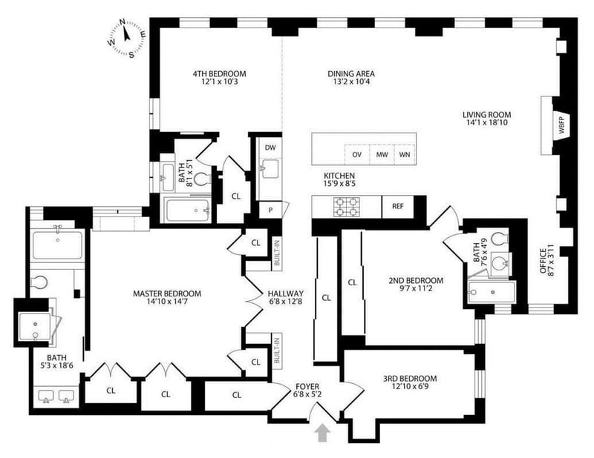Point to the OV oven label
356,154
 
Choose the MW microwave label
382,154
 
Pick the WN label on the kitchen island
405,154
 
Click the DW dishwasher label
270,147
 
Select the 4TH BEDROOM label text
219,74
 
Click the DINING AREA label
351,74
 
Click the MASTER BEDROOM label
167,293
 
